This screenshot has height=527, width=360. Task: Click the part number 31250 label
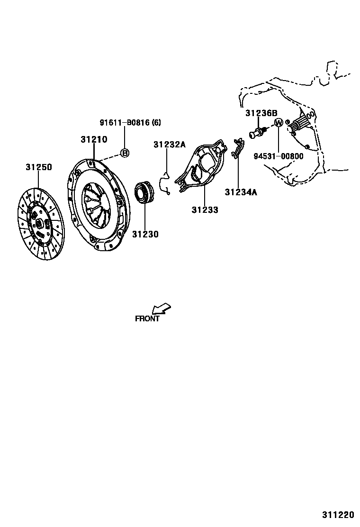(x=39, y=167)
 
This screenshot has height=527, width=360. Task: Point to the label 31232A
(x=169, y=145)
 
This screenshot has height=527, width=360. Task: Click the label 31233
(x=205, y=209)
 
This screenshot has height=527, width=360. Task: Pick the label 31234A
(x=241, y=192)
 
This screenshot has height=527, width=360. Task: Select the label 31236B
(x=261, y=113)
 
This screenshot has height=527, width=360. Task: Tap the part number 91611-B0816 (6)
(x=130, y=123)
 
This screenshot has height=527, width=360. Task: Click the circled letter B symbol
(x=124, y=153)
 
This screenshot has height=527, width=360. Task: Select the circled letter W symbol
(x=279, y=123)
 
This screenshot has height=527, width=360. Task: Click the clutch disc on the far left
(x=40, y=223)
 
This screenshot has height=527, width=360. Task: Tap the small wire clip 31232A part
(x=166, y=182)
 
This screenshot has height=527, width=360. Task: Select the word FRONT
(x=147, y=319)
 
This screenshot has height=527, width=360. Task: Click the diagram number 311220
(x=339, y=514)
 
